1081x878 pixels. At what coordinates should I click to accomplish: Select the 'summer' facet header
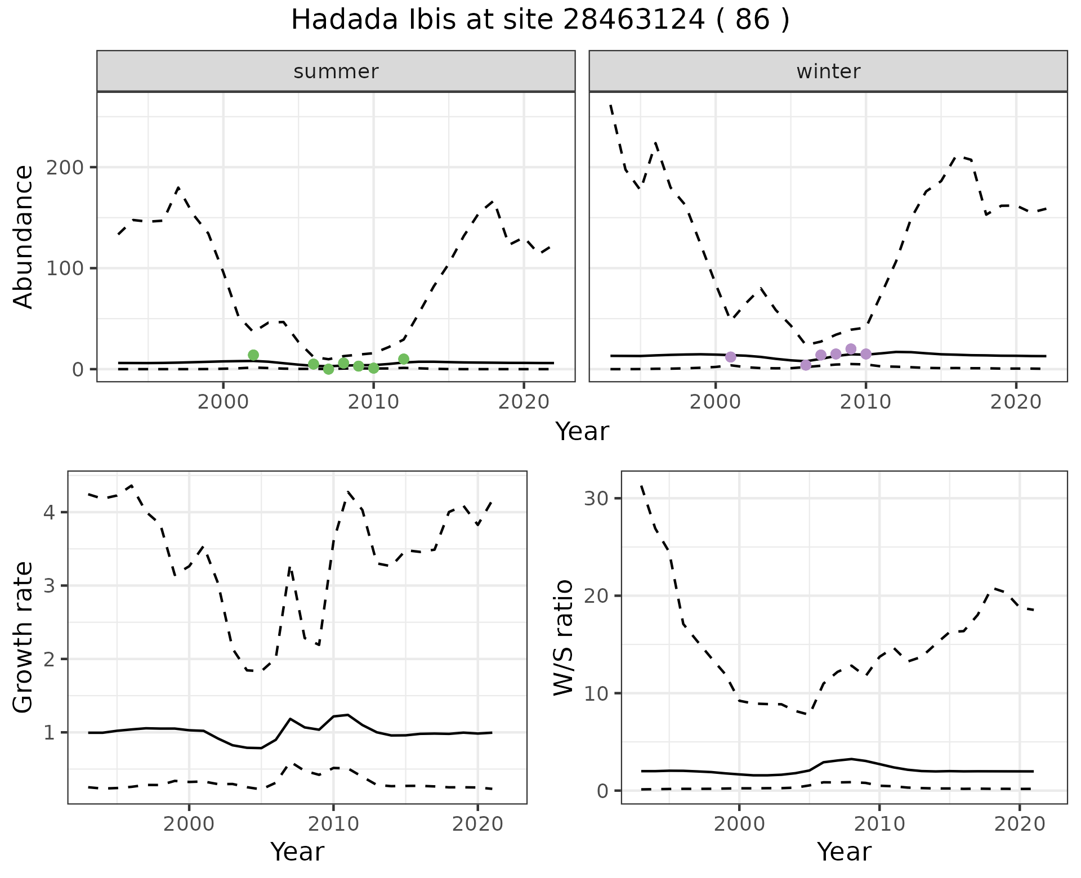coord(336,71)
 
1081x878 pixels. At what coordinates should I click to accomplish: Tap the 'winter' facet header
coord(828,71)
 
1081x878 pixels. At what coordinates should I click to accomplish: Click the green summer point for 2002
coord(253,355)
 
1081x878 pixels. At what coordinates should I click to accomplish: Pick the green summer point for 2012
coord(404,359)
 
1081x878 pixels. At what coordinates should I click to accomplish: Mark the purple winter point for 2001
coord(731,357)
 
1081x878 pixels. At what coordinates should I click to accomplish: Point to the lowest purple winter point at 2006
coord(806,365)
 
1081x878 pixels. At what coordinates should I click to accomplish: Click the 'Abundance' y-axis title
coord(24,237)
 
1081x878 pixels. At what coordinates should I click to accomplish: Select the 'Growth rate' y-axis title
coord(24,638)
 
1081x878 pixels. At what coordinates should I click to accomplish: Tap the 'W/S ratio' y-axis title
coord(563,638)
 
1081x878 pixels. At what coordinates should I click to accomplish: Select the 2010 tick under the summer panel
coord(373,402)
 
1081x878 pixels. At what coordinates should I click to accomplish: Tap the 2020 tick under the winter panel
coord(1016,402)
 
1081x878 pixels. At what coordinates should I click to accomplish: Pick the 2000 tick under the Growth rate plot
coord(189,825)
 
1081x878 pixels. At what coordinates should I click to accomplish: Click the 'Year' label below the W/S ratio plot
coord(844,852)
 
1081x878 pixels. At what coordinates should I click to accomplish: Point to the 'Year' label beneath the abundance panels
coord(582,432)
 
